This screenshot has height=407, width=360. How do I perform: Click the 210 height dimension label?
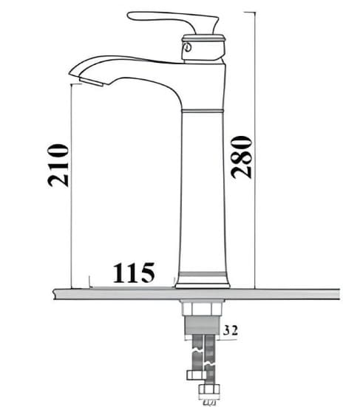[x=59, y=165]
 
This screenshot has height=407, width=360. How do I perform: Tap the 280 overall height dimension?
[x=242, y=157]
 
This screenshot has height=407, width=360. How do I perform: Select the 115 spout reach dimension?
[x=134, y=273]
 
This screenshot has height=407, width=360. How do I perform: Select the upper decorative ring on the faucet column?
[x=202, y=110]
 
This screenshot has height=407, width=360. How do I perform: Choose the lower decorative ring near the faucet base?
[x=202, y=273]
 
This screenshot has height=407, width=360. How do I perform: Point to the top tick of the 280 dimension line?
[x=253, y=12]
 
